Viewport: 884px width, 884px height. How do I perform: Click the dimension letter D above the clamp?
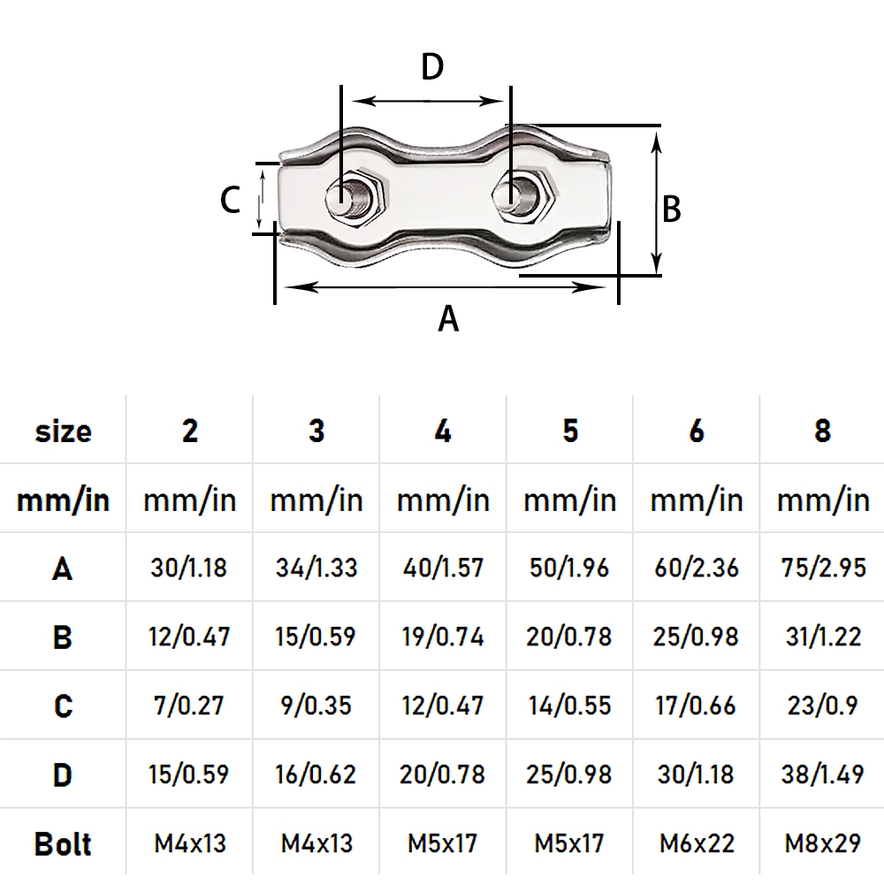tap(432, 66)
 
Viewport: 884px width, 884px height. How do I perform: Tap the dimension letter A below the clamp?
tap(448, 318)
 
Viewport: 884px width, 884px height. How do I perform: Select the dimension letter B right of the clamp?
tap(671, 209)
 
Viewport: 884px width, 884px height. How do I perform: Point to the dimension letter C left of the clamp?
tap(230, 200)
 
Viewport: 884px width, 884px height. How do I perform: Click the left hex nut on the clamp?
tap(355, 197)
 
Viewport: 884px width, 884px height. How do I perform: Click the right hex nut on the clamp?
tap(525, 196)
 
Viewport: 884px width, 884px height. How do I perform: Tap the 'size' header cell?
tap(63, 431)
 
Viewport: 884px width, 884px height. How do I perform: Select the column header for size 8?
tap(822, 431)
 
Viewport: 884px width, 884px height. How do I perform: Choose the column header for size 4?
tap(443, 431)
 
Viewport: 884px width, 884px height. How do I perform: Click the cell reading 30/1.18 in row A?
tap(189, 568)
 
